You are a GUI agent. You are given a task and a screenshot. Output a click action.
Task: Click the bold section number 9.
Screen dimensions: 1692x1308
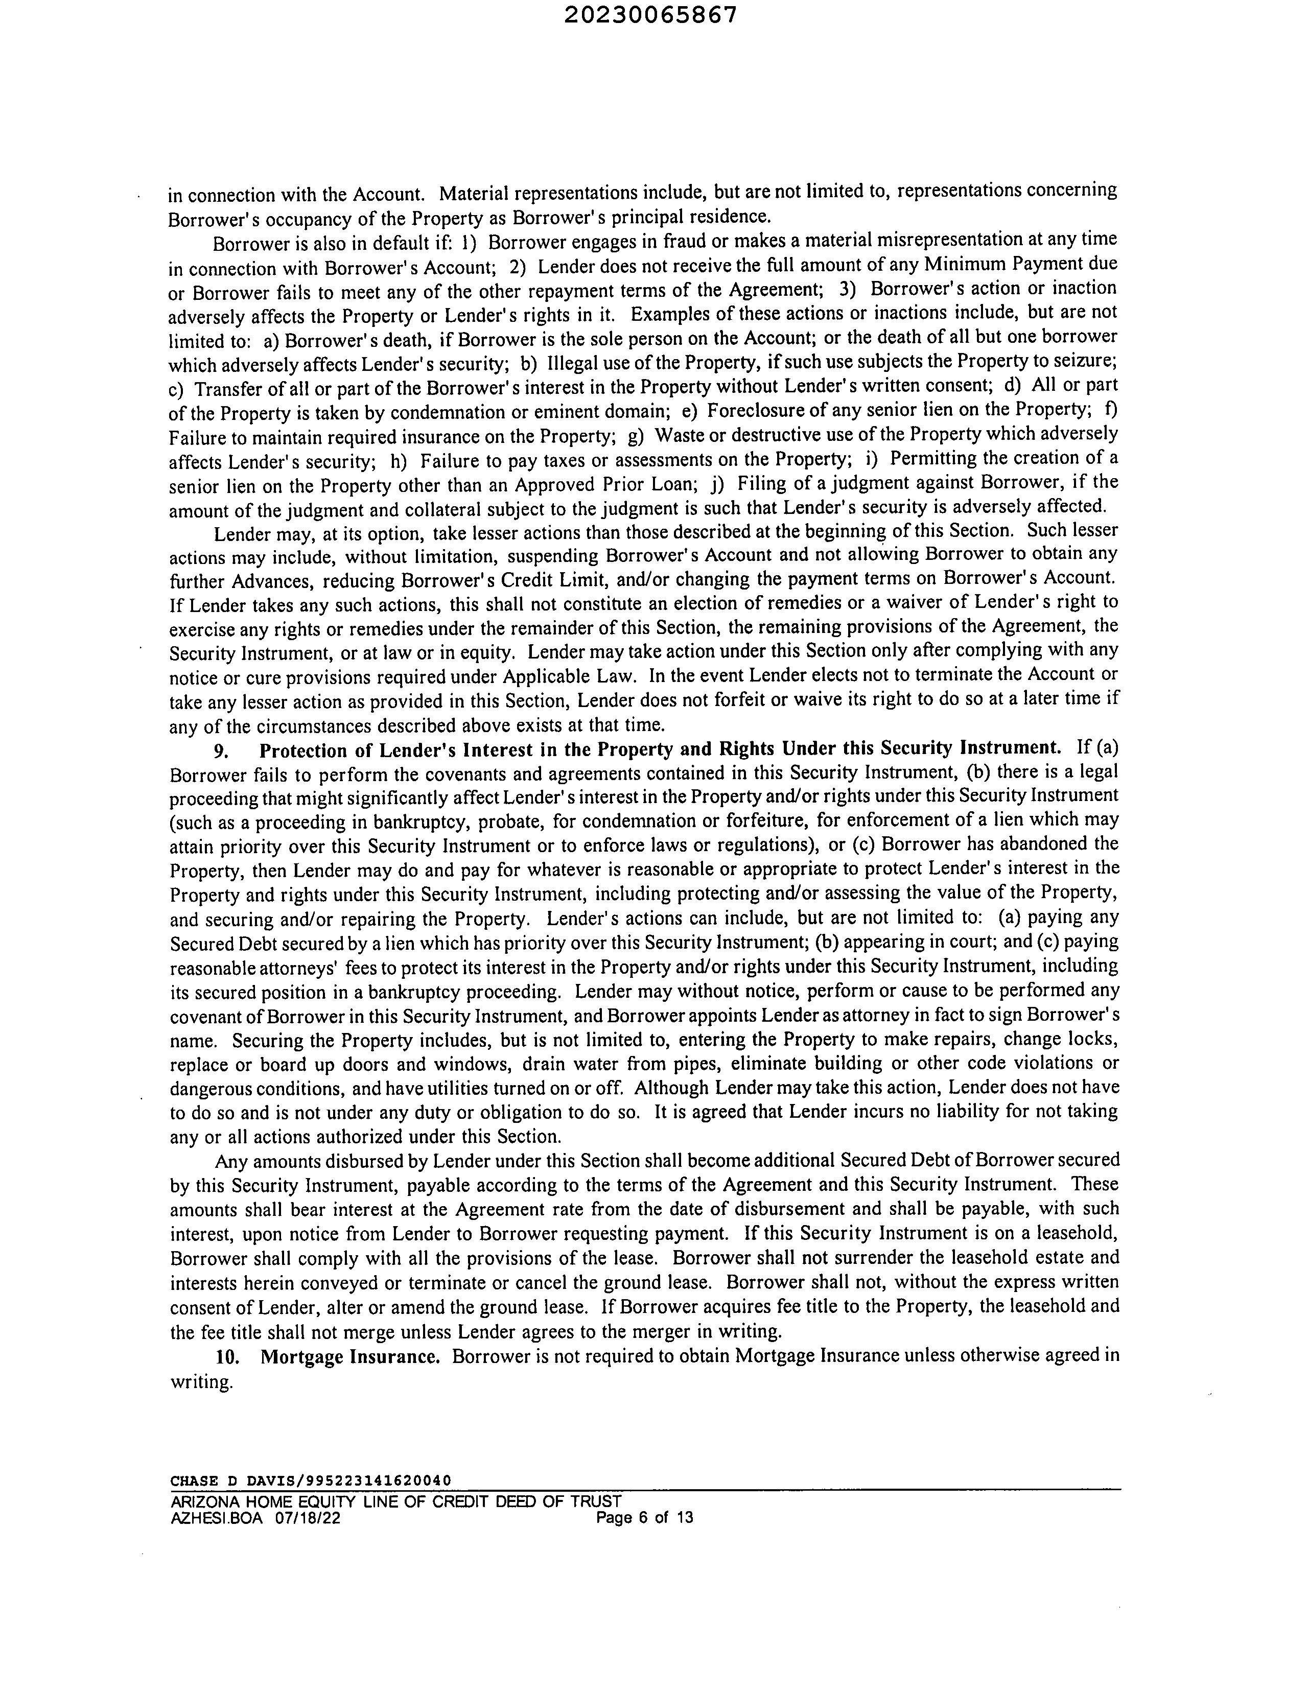[x=221, y=750]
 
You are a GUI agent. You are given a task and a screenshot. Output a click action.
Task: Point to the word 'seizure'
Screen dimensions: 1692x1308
[x=1087, y=361]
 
